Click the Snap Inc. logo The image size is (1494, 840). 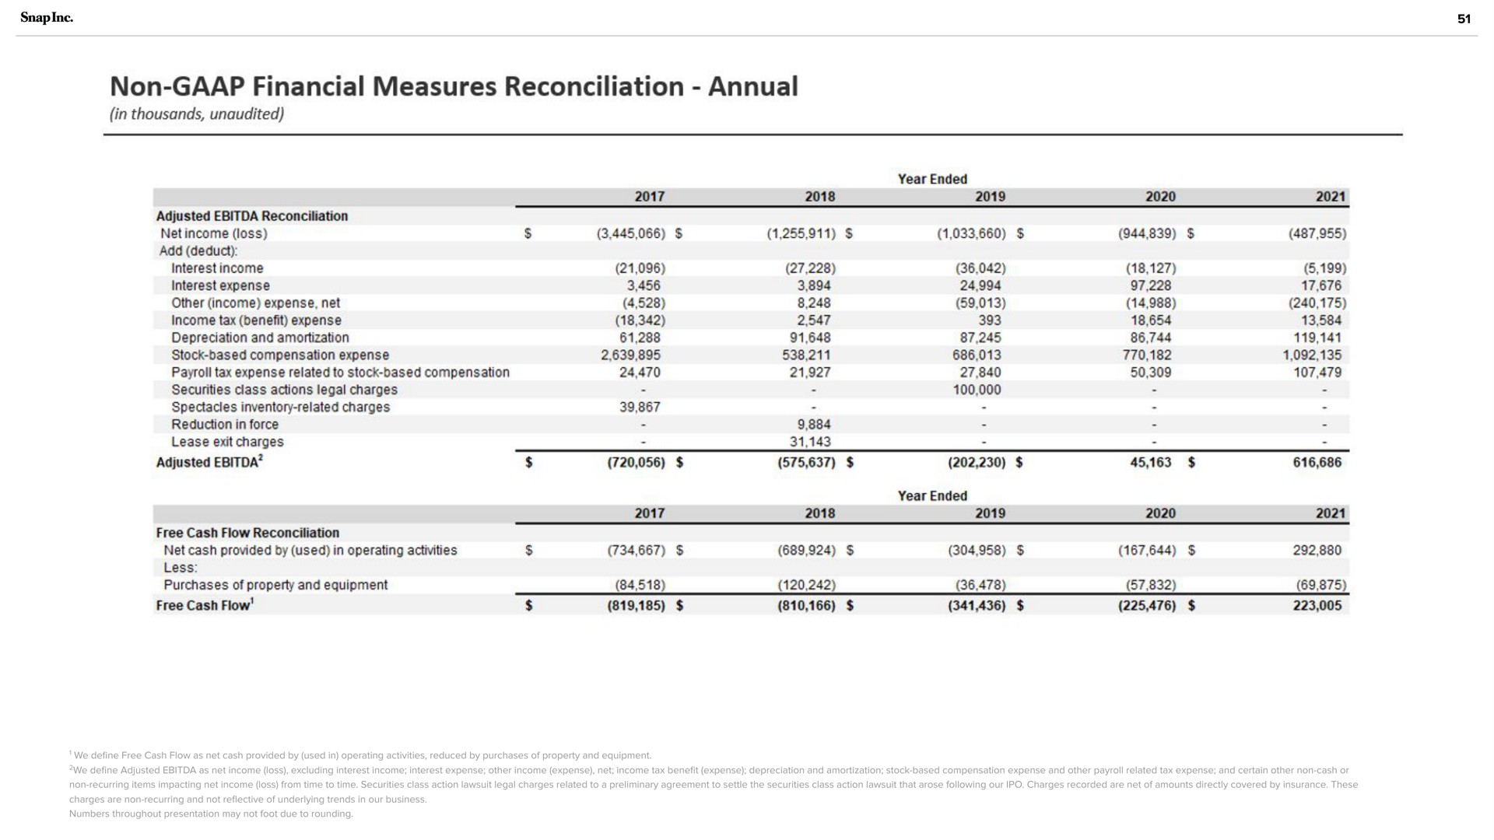click(x=46, y=18)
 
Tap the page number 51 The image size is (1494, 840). click(x=1464, y=19)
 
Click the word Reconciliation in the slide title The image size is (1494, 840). click(x=594, y=86)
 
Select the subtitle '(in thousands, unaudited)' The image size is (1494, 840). click(x=197, y=114)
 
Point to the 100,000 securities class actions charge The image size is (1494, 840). click(x=977, y=390)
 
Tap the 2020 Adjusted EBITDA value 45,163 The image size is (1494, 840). click(x=1150, y=462)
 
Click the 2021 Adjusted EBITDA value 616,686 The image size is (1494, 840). click(x=1317, y=462)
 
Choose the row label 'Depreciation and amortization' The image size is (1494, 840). click(x=260, y=338)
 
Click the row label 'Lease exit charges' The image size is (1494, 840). click(x=227, y=442)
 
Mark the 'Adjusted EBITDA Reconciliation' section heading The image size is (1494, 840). click(x=252, y=215)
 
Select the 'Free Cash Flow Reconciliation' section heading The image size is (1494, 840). click(x=247, y=533)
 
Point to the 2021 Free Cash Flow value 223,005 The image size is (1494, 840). click(x=1317, y=605)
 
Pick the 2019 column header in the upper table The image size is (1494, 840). click(x=990, y=197)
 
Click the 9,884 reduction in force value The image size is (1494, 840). click(x=814, y=425)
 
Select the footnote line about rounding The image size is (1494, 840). click(x=211, y=814)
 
